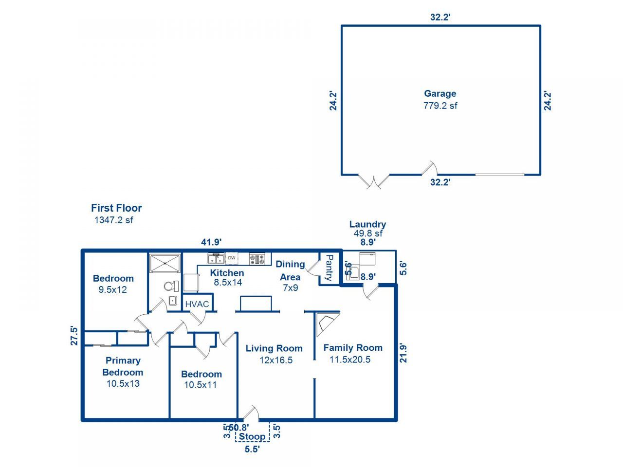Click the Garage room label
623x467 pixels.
coord(440,94)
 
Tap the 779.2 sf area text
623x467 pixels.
coord(440,106)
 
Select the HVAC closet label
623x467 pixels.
coord(197,305)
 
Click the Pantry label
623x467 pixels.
coord(329,268)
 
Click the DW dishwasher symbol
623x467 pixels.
coord(232,258)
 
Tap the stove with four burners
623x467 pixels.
coord(257,258)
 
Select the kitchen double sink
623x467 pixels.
coord(216,258)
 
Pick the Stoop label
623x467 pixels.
coord(252,436)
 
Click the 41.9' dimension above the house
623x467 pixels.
coord(212,242)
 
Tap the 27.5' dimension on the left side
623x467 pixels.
coord(74,335)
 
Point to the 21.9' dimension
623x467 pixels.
coord(403,353)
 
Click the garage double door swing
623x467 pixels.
coord(374,181)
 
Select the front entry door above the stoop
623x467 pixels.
coord(250,413)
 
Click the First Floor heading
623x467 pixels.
coord(116,208)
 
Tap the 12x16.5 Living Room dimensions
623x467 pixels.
coord(276,360)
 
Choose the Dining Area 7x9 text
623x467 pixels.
coord(290,287)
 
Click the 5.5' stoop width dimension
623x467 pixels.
coord(252,449)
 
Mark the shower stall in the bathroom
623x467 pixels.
coord(165,264)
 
